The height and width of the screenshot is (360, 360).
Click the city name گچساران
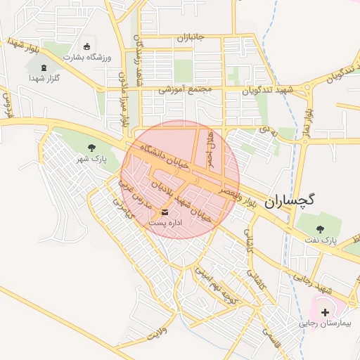(x=289, y=202)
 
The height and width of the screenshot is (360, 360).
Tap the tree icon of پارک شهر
(x=91, y=148)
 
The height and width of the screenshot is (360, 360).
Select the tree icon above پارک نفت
(x=321, y=229)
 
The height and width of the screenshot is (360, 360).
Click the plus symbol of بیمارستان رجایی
(x=324, y=311)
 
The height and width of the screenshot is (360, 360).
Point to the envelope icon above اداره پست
(x=165, y=211)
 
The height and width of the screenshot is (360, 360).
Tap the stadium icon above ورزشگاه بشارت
(x=87, y=46)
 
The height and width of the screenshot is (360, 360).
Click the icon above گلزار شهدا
(x=45, y=68)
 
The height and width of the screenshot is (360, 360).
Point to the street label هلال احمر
(x=209, y=149)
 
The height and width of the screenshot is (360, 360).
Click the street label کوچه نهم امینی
(x=218, y=282)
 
